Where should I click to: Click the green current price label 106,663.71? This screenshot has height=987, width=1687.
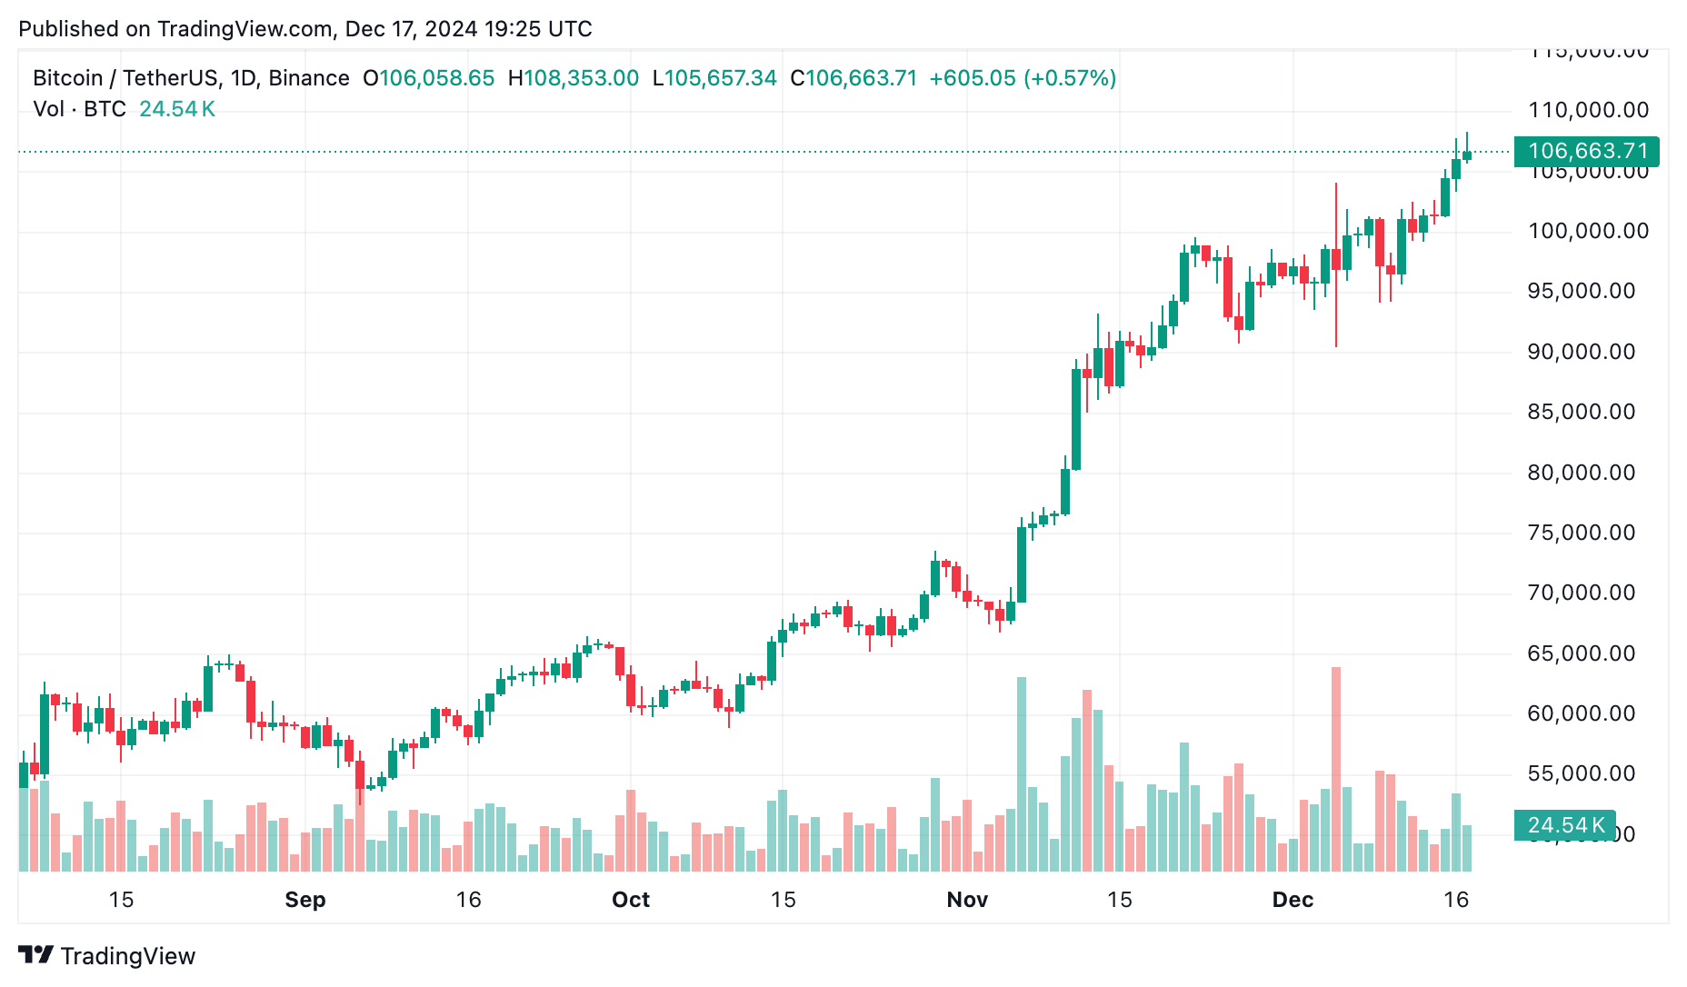(x=1587, y=151)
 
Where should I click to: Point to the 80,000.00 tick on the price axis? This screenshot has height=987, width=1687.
(x=1582, y=473)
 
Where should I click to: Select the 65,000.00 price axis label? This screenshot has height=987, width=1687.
(x=1582, y=653)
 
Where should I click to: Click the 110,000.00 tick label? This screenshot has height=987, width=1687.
(x=1588, y=110)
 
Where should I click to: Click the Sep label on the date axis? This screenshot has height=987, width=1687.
(x=304, y=900)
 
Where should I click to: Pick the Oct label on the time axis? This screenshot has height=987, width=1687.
(x=630, y=900)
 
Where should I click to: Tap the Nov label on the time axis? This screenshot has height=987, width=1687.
(x=966, y=900)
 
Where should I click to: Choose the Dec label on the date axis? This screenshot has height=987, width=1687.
(x=1292, y=900)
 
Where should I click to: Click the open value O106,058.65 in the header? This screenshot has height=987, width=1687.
(x=429, y=78)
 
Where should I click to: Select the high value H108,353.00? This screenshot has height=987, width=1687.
(x=574, y=78)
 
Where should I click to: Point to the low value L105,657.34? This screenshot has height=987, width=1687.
(x=715, y=78)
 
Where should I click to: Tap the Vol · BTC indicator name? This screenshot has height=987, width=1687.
(x=80, y=109)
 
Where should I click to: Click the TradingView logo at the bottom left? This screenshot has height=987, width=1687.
(x=107, y=956)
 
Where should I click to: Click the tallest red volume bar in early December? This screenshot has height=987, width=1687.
(x=1336, y=769)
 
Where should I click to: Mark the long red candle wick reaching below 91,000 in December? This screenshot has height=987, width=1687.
(x=1336, y=309)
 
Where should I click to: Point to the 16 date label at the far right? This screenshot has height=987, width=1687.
(x=1456, y=900)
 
